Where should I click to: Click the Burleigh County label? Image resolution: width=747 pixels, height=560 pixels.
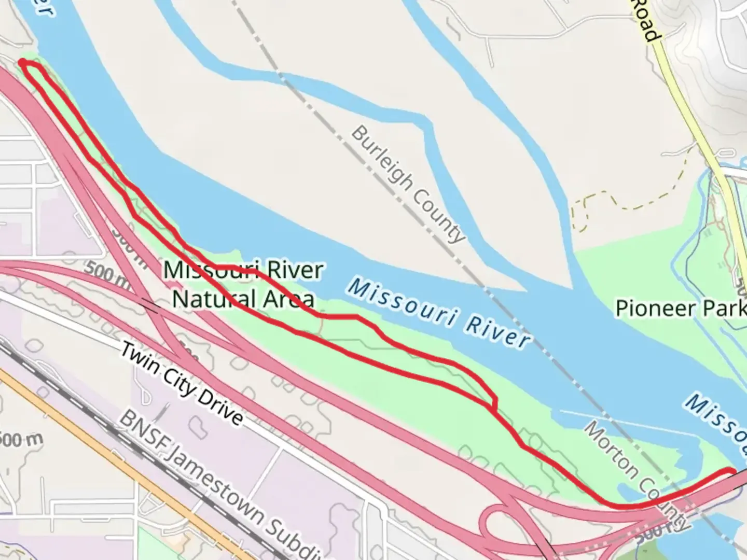click(408, 184)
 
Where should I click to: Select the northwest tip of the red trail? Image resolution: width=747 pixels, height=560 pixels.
click(22, 62)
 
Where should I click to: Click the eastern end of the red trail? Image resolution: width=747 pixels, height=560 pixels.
click(732, 471)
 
